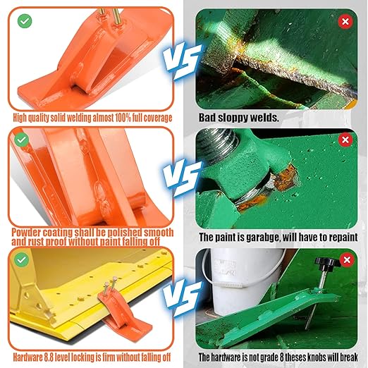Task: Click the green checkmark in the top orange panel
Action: [x=25, y=21]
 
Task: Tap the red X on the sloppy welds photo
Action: [x=345, y=22]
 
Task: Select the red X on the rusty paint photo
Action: [x=345, y=140]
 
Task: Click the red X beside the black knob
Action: [x=347, y=260]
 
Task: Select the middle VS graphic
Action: [x=182, y=178]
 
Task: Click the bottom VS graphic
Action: [x=182, y=298]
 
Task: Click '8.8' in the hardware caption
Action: [x=49, y=357]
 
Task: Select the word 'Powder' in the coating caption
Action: [x=25, y=233]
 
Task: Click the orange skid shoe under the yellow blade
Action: [x=123, y=310]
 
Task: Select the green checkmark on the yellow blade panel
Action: [x=22, y=259]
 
